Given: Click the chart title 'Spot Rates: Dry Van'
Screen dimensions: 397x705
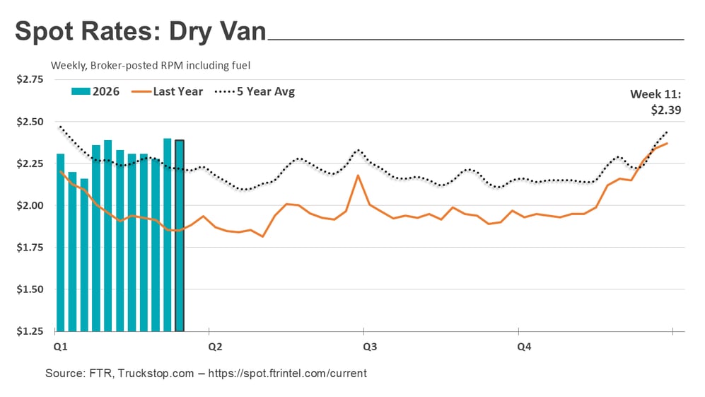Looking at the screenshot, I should click(141, 33).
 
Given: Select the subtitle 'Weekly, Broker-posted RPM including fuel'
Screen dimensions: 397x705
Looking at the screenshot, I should click(151, 65).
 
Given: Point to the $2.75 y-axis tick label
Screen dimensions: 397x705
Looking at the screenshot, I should click(30, 80).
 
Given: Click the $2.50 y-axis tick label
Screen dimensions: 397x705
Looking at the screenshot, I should click(30, 122).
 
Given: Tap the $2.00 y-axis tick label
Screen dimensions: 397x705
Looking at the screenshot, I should click(30, 206).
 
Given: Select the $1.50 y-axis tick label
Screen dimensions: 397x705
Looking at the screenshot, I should click(30, 289).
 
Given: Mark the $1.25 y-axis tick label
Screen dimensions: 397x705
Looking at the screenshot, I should click(30, 331).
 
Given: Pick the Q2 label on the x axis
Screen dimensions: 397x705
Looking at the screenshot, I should click(214, 347).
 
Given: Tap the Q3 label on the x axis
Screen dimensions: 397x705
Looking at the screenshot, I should click(369, 347).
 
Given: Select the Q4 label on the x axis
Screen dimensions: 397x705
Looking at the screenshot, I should click(524, 347).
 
